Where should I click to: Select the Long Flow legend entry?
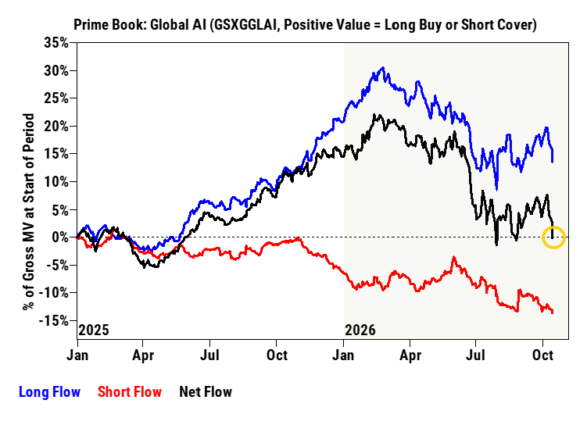49,392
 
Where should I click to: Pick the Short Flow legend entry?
130,392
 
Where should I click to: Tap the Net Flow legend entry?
206,392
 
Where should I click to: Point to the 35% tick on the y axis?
56,43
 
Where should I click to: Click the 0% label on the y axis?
60,237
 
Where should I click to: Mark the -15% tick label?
54,320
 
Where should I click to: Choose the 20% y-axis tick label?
56,126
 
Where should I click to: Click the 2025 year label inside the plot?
94,330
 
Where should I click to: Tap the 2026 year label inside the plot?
360,330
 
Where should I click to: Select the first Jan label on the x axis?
77,355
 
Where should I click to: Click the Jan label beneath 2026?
343,355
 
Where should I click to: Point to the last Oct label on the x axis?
542,355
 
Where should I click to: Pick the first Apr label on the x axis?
143,355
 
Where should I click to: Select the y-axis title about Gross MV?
28,212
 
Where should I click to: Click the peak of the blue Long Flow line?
382,68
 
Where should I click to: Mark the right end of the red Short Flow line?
553,312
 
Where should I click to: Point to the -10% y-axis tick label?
54,293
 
